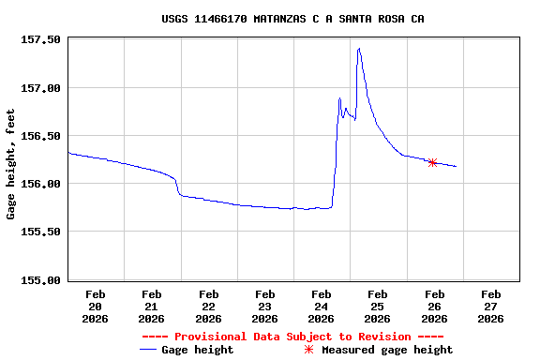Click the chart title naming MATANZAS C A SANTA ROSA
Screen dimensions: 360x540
click(x=292, y=19)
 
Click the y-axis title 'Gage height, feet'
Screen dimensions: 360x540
click(x=11, y=164)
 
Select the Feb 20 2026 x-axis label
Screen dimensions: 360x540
click(x=96, y=307)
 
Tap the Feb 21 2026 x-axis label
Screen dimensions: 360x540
click(x=152, y=307)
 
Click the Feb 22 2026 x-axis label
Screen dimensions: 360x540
click(x=208, y=307)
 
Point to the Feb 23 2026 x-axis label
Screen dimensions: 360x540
click(x=264, y=307)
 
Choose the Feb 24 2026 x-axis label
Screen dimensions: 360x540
click(x=321, y=307)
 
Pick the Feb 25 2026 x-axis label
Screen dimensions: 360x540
click(x=377, y=307)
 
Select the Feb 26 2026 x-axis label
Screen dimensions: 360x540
click(x=433, y=307)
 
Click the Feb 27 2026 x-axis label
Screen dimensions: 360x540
click(x=489, y=307)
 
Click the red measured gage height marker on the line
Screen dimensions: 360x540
click(x=432, y=162)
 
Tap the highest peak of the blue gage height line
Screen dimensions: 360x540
click(x=359, y=48)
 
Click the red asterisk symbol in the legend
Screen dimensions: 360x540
click(x=308, y=350)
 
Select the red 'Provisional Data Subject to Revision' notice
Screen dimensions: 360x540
click(x=292, y=337)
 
